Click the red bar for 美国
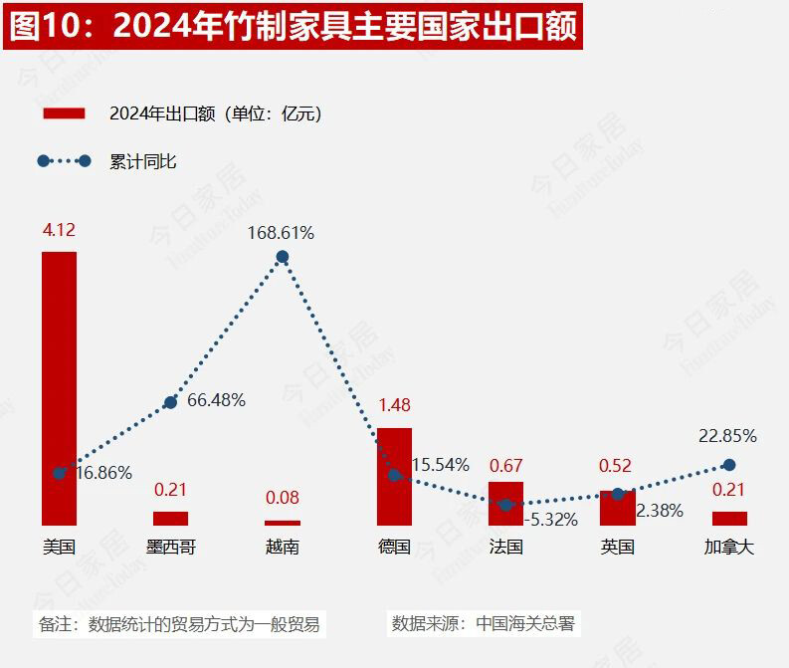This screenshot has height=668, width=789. coord(59,388)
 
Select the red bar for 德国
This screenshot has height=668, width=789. coord(394,476)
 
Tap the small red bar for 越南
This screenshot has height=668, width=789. coord(282,523)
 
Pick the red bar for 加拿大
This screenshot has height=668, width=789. coord(729,518)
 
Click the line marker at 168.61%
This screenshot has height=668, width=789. coord(283,257)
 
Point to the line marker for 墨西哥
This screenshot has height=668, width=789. coord(170,401)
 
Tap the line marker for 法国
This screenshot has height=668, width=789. coord(505,505)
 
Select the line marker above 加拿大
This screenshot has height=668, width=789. coord(729,465)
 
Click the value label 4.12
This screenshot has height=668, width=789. coord(59,230)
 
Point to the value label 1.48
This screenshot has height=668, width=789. coord(394,406)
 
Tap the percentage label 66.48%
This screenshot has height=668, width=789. coord(216,400)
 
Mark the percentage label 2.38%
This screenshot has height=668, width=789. coord(660,511)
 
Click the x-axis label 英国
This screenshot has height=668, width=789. coord(618,547)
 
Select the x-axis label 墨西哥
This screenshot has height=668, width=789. coord(170,547)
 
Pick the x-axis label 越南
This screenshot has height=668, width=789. coord(282,547)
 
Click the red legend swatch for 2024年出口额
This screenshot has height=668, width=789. coord(64,113)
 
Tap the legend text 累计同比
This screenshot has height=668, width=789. coord(143,161)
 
